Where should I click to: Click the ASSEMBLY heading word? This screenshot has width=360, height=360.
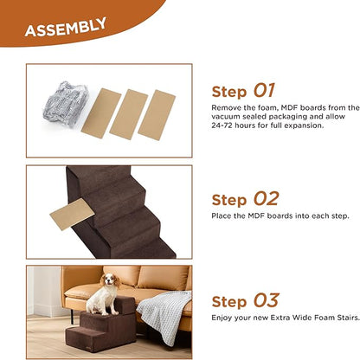click(65, 29)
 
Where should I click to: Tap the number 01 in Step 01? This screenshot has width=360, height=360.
click(264, 91)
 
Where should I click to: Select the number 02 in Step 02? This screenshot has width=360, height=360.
click(265, 200)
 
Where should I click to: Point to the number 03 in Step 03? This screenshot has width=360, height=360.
click(265, 301)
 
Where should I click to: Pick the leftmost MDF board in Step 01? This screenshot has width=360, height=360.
click(100, 112)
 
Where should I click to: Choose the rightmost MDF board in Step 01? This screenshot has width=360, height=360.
click(157, 112)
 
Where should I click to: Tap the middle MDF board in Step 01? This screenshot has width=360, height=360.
click(129, 113)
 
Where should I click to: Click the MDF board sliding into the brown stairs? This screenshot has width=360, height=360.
click(71, 213)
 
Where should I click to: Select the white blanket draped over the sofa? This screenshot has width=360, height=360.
click(164, 312)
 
